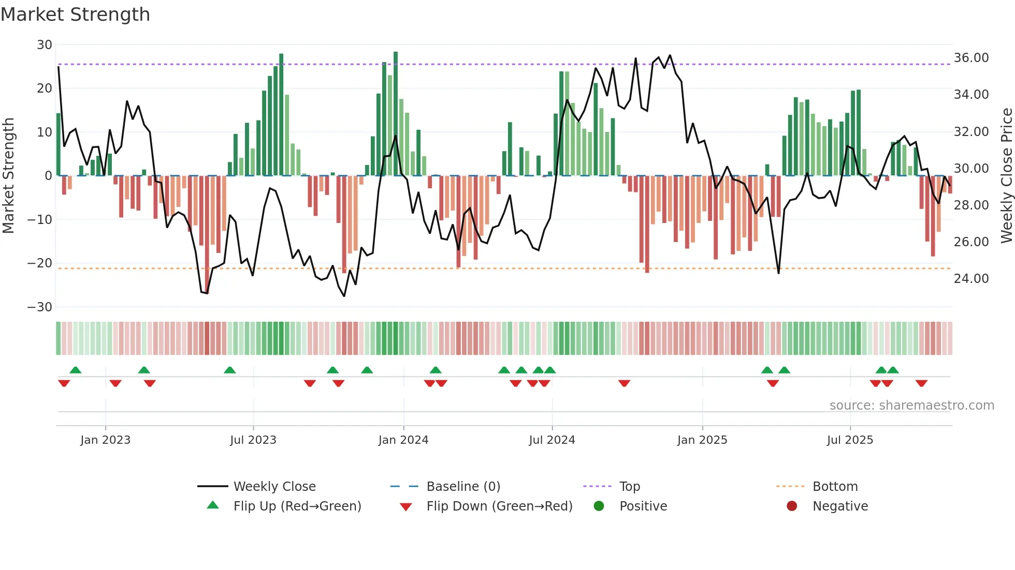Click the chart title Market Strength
tap(75, 14)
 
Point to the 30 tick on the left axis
tap(45, 45)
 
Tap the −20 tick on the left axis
tap(40, 263)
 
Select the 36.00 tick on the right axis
tap(971, 58)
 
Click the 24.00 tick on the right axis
tap(971, 279)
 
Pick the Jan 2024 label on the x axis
tap(403, 440)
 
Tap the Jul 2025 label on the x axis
tap(850, 440)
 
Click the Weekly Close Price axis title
tap(1006, 176)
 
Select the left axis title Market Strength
tap(8, 176)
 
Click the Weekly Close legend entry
tap(274, 487)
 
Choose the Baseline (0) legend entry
tap(463, 487)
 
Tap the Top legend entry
tap(630, 487)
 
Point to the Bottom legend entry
tap(835, 487)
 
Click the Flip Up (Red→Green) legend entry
tap(297, 506)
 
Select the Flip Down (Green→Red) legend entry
tap(499, 506)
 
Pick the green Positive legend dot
tap(599, 506)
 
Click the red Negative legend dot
tap(792, 506)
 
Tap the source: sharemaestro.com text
tap(911, 406)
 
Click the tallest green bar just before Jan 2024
tap(396, 114)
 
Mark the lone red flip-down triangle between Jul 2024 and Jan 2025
tap(624, 383)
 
